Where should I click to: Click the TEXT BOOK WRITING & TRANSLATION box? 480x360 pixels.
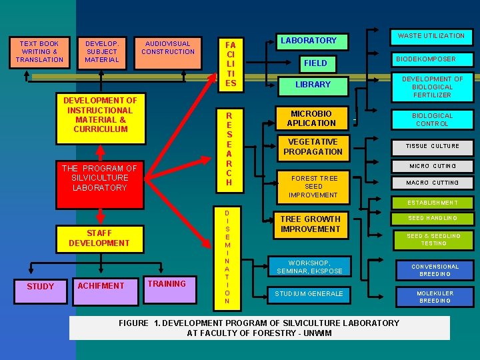coord(39,52)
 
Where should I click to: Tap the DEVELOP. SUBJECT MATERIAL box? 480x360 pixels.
coord(101,52)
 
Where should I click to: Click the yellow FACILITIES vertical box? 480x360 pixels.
coord(231,63)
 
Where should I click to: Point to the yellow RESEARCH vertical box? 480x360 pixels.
coord(229,148)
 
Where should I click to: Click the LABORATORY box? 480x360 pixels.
coord(308,41)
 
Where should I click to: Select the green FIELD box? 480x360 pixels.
coord(315,63)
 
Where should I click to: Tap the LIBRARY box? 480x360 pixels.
coord(313,85)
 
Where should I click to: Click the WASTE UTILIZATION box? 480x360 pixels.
coord(431,36)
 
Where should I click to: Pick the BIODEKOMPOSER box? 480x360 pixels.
coord(427,59)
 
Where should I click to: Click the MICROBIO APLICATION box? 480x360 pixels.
coord(311,119)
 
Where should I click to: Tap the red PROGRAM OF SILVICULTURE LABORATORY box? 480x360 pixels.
coord(99,178)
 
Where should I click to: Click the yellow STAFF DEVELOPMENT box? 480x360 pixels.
coord(99,238)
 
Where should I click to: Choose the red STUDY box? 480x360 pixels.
coord(40,286)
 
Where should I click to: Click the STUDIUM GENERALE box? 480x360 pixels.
coord(309,294)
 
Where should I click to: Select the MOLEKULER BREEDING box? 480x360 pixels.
coord(435,297)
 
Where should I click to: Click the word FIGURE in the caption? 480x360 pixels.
coord(134,323)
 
